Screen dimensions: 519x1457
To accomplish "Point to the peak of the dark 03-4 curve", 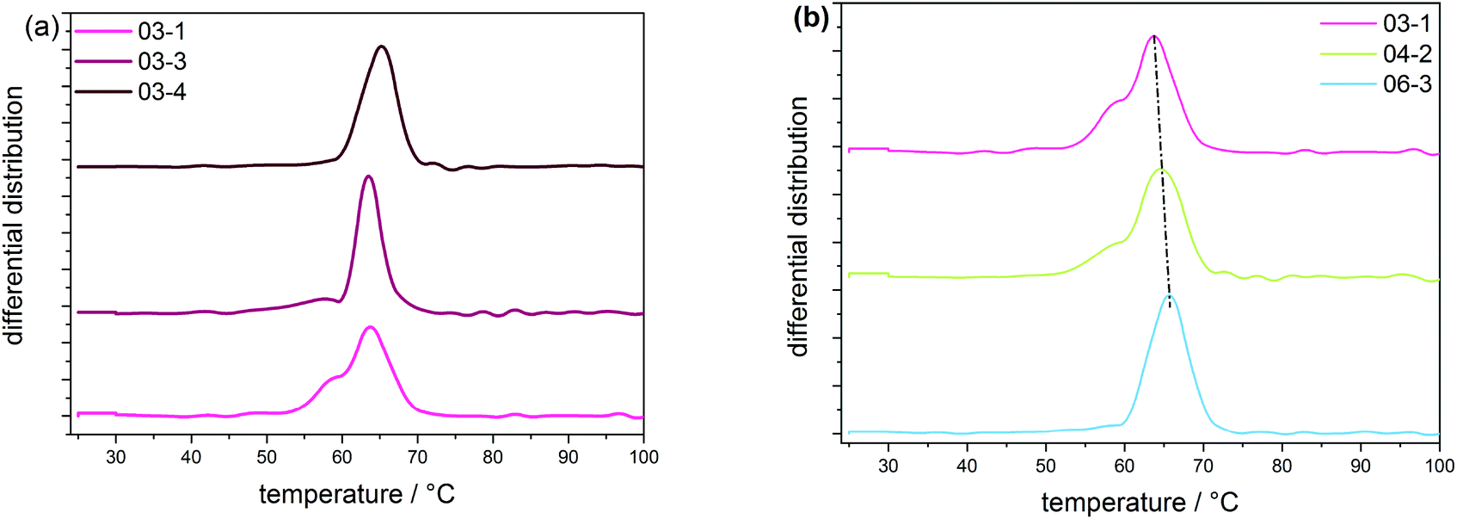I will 382,46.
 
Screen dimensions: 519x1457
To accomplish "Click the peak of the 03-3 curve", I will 369,176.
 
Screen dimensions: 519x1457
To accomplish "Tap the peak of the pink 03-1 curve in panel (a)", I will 370,327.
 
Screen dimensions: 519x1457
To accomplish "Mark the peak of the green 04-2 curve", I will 1161,170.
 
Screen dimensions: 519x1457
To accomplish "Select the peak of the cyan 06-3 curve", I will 1170,295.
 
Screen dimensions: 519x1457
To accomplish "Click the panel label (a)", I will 41,27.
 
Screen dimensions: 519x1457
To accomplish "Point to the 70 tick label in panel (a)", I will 417,456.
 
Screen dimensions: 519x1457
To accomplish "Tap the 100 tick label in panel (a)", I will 642,456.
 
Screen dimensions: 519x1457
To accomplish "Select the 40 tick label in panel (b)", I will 967,465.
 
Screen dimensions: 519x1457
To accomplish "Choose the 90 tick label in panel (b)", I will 1361,465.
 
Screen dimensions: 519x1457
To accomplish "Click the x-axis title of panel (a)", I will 356,494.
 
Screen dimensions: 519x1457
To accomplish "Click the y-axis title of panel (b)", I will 800,226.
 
